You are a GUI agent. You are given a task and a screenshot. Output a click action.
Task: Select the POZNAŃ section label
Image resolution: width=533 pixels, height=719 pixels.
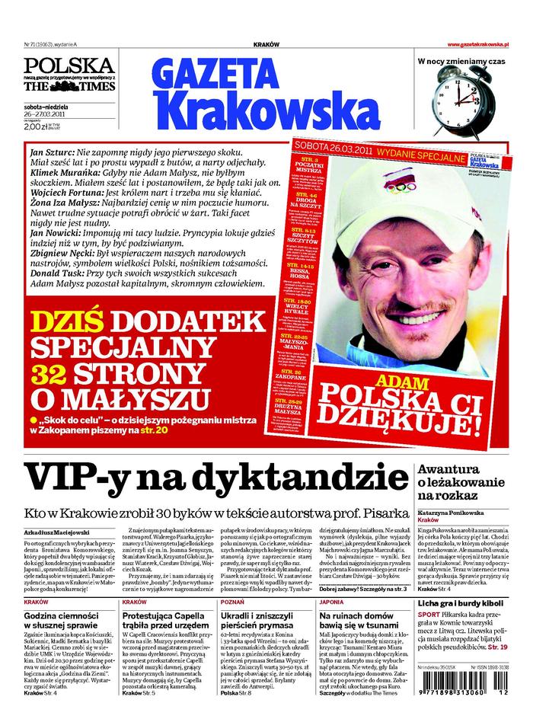[232, 602]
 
